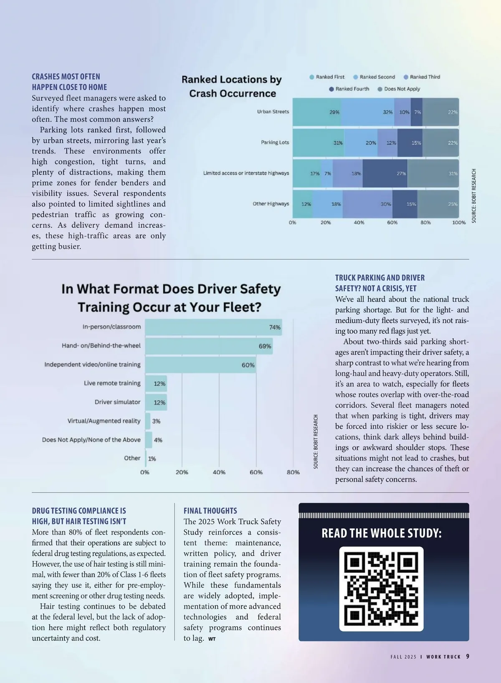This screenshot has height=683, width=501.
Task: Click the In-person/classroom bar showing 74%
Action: tap(213, 327)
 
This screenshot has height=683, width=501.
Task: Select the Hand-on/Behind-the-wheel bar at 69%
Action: tap(209, 346)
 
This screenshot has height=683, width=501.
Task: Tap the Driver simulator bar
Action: tap(156, 402)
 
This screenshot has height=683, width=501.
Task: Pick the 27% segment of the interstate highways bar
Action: tap(385, 173)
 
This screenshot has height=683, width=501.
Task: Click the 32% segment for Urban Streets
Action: tap(367, 112)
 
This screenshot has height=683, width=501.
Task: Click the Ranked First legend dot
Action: tap(312, 77)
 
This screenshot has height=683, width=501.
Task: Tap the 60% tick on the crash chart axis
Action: tap(392, 223)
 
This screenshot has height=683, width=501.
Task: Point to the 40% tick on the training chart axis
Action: tap(219, 472)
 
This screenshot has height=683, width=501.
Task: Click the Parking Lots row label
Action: tap(275, 143)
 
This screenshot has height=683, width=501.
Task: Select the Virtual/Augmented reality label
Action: tap(104, 421)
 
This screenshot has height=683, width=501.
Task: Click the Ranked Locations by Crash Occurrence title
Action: tap(232, 86)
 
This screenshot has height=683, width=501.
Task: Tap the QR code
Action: tap(381, 589)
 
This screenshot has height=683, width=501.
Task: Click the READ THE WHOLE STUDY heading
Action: tap(381, 533)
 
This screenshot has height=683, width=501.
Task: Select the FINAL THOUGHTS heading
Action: tap(210, 511)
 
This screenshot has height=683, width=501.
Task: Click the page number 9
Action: tap(468, 656)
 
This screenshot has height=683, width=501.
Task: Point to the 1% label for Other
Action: tap(152, 459)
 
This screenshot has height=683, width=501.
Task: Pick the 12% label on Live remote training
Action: tap(159, 384)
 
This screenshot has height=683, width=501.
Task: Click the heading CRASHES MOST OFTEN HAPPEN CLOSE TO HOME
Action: tap(69, 82)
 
